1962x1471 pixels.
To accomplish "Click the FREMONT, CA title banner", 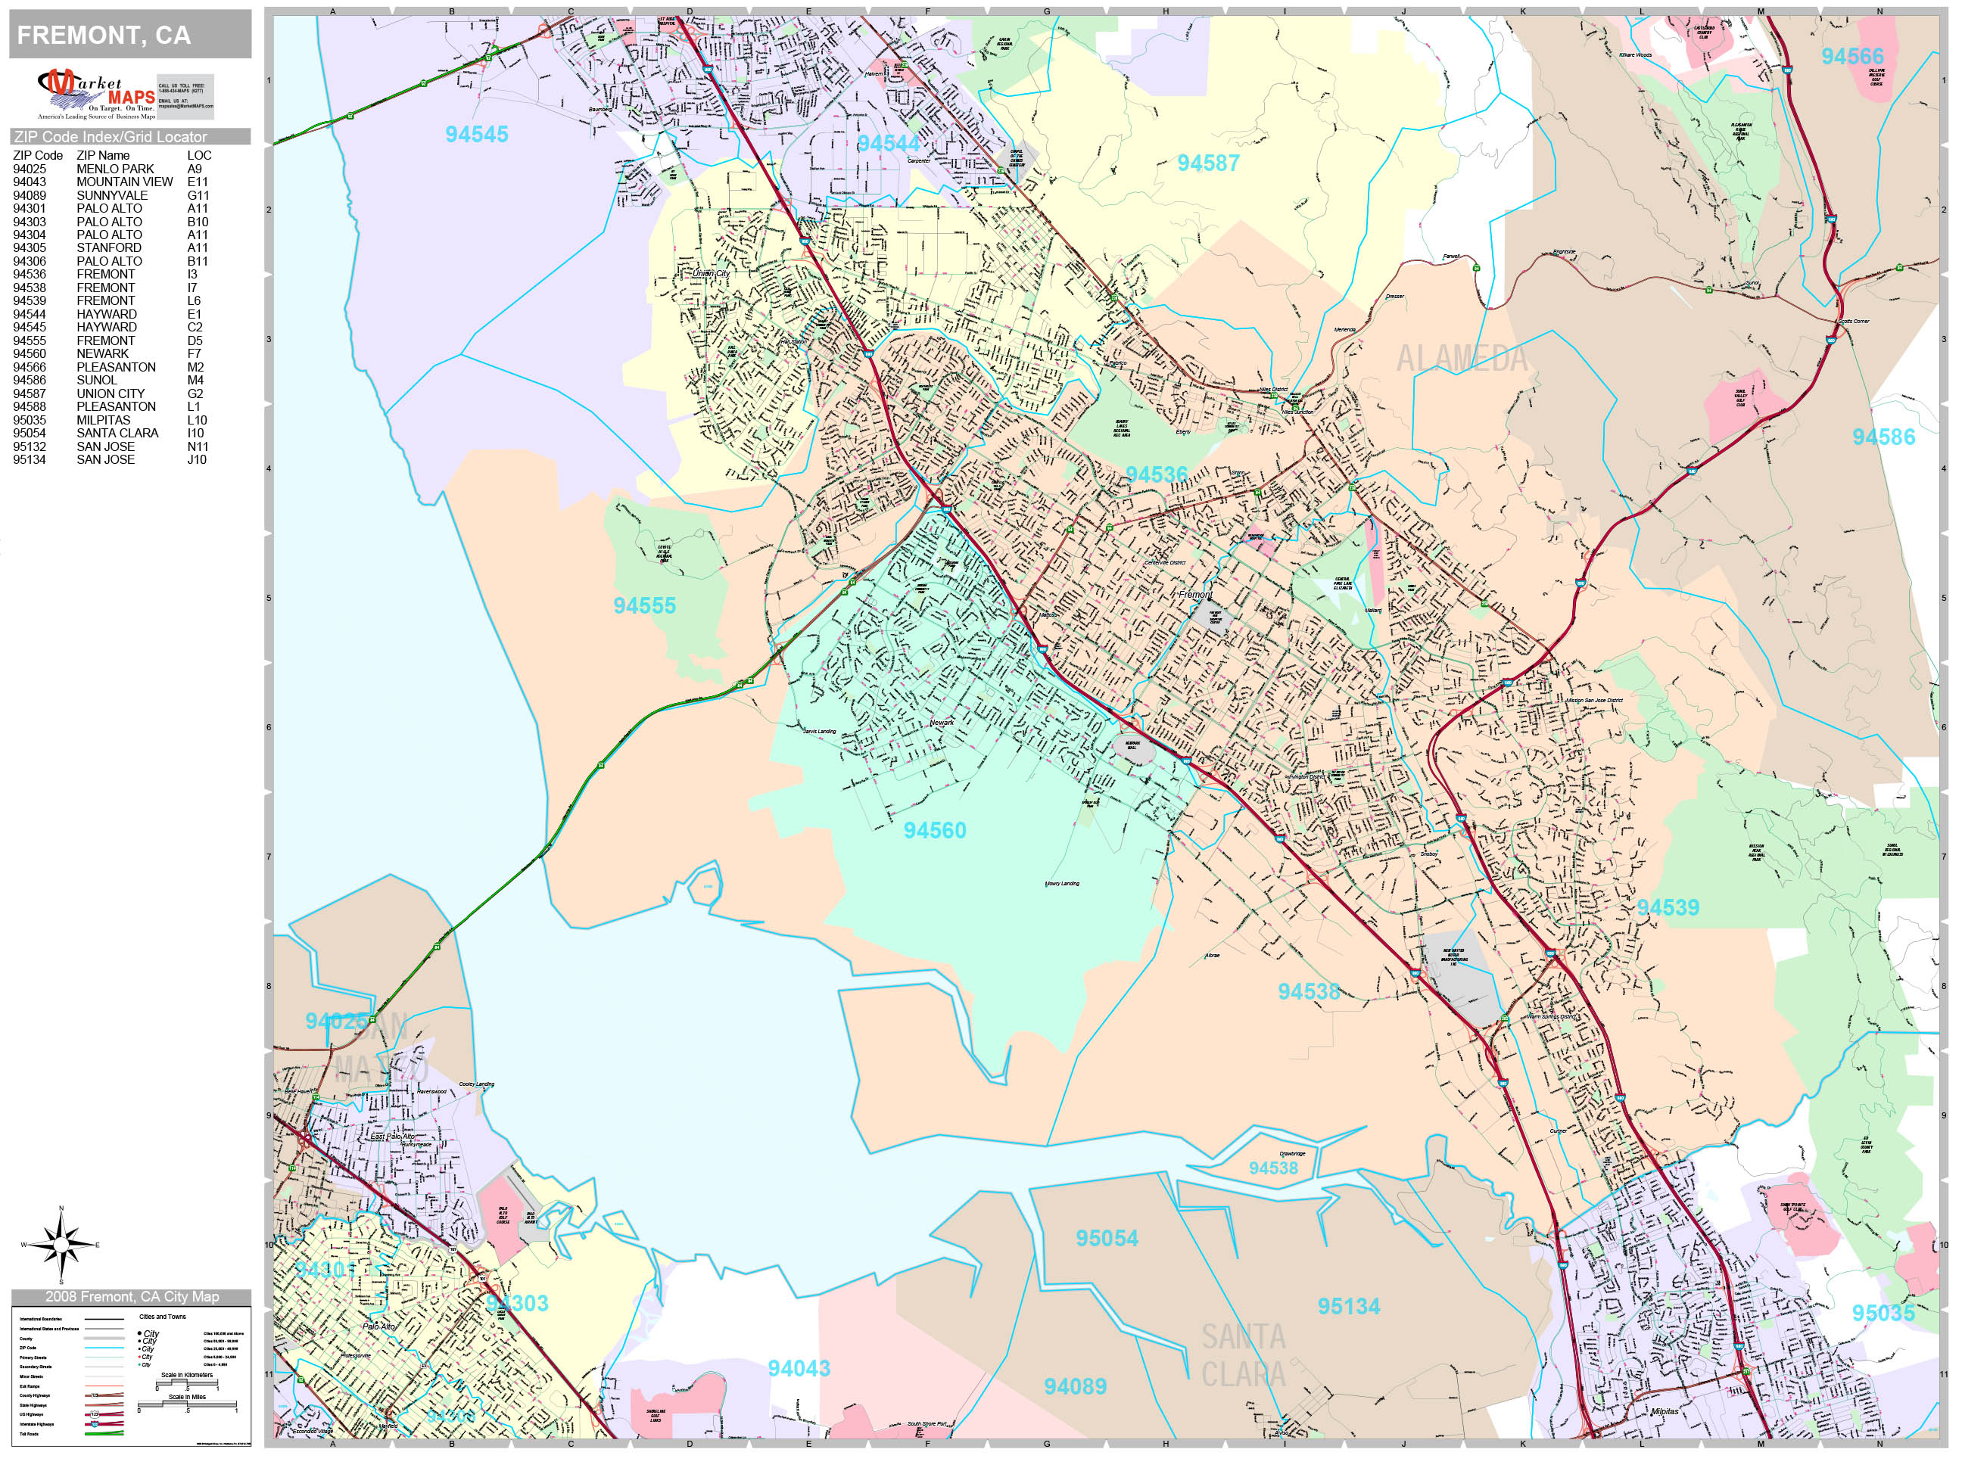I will pyautogui.click(x=104, y=36).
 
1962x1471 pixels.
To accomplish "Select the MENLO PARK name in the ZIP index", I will pyautogui.click(x=115, y=169).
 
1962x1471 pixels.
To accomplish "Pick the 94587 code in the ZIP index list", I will pyautogui.click(x=30, y=393).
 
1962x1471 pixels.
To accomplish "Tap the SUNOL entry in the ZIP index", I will pyautogui.click(x=97, y=381).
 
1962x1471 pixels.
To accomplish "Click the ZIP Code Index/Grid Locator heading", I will pyautogui.click(x=111, y=136).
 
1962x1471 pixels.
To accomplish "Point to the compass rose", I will pyautogui.click(x=61, y=1245).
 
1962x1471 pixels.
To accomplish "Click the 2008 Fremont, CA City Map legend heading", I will pyautogui.click(x=131, y=1296).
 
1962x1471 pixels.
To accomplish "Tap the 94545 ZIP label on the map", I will pyautogui.click(x=476, y=135).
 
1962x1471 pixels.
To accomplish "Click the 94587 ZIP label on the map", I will pyautogui.click(x=1208, y=163).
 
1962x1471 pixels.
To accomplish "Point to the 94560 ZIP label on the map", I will pyautogui.click(x=935, y=831).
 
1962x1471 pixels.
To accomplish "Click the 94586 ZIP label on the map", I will pyautogui.click(x=1883, y=437).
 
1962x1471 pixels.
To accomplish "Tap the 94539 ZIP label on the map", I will pyautogui.click(x=1668, y=908).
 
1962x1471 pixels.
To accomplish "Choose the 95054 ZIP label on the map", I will pyautogui.click(x=1107, y=1239).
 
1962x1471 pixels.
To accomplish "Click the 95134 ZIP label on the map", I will pyautogui.click(x=1348, y=1307).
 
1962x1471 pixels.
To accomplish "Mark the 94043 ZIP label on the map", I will pyautogui.click(x=799, y=1369).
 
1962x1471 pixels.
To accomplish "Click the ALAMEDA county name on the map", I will pyautogui.click(x=1462, y=359).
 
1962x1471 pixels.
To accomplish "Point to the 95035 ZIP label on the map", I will pyautogui.click(x=1883, y=1313).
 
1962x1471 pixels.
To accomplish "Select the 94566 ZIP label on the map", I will pyautogui.click(x=1852, y=57).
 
